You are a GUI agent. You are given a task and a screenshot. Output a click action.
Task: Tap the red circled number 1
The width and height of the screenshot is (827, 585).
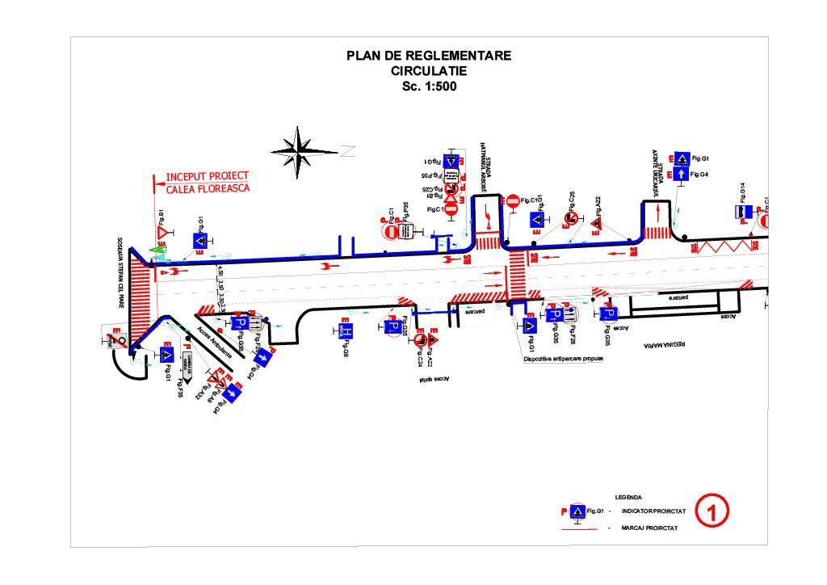click(x=712, y=511)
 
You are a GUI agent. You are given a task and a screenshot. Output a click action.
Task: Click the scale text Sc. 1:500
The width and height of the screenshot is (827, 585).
click(x=429, y=86)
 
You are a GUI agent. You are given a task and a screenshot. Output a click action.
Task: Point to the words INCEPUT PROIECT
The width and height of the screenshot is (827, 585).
click(x=208, y=176)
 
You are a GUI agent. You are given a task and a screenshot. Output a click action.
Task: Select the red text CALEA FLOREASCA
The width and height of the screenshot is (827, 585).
click(x=208, y=189)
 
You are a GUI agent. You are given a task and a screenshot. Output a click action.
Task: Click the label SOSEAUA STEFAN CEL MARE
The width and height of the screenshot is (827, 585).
click(x=120, y=273)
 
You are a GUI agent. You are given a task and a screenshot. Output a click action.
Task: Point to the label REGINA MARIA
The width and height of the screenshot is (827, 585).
click(x=663, y=344)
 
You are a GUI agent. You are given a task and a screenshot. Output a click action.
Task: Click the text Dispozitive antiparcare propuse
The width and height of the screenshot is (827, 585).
click(x=563, y=358)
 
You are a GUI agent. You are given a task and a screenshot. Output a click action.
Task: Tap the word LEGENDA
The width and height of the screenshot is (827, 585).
click(x=628, y=498)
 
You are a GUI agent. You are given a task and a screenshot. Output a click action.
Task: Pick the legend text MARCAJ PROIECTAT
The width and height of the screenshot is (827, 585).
click(x=649, y=528)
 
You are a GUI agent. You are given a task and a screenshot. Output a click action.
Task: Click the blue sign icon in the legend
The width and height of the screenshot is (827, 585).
click(x=577, y=511)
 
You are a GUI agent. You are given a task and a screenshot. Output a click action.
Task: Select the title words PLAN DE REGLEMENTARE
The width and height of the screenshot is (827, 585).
click(x=429, y=56)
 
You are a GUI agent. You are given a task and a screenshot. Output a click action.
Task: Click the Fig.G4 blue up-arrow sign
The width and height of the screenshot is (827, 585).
click(x=681, y=174)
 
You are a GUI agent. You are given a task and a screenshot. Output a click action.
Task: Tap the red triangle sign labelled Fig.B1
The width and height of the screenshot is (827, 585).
click(x=162, y=233)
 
